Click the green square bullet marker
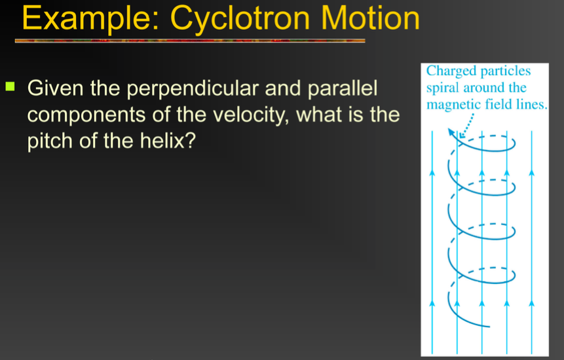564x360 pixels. [10, 86]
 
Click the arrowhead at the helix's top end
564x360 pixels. [452, 133]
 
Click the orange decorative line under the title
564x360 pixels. [190, 41]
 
